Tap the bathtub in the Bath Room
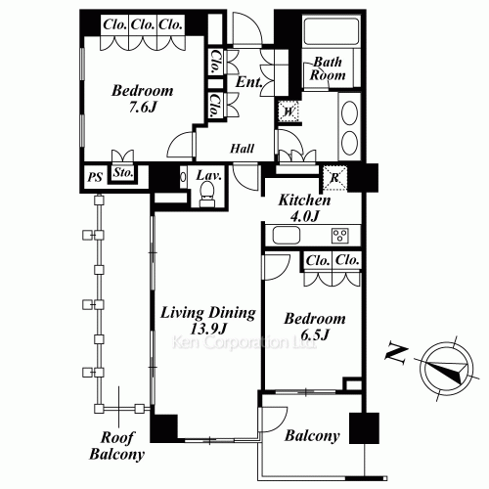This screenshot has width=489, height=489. coord(331,30)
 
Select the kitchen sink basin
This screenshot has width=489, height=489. coord(287,235)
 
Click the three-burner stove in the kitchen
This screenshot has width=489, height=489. coord(340,236)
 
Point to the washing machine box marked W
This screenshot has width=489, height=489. coord(289,111)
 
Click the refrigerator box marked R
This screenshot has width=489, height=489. coord(334,178)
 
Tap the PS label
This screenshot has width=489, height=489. coord(95,177)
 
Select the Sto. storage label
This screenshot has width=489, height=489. coord(123,172)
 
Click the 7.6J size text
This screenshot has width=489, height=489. coord(143,107)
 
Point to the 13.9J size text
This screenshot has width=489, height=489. coord(208,329)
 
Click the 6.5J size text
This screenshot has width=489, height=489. coord(315,334)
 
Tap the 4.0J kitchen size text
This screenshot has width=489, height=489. coord(304,216)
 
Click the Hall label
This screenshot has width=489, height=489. coord(242,149)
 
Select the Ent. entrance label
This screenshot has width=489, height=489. coord(249,82)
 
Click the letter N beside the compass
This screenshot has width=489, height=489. coord(396,354)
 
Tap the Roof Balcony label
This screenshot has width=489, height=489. coord(117,446)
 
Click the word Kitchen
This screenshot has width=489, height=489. coord(304,200)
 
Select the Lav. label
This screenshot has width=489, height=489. coord(209,175)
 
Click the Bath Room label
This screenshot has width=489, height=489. coord(328,68)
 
